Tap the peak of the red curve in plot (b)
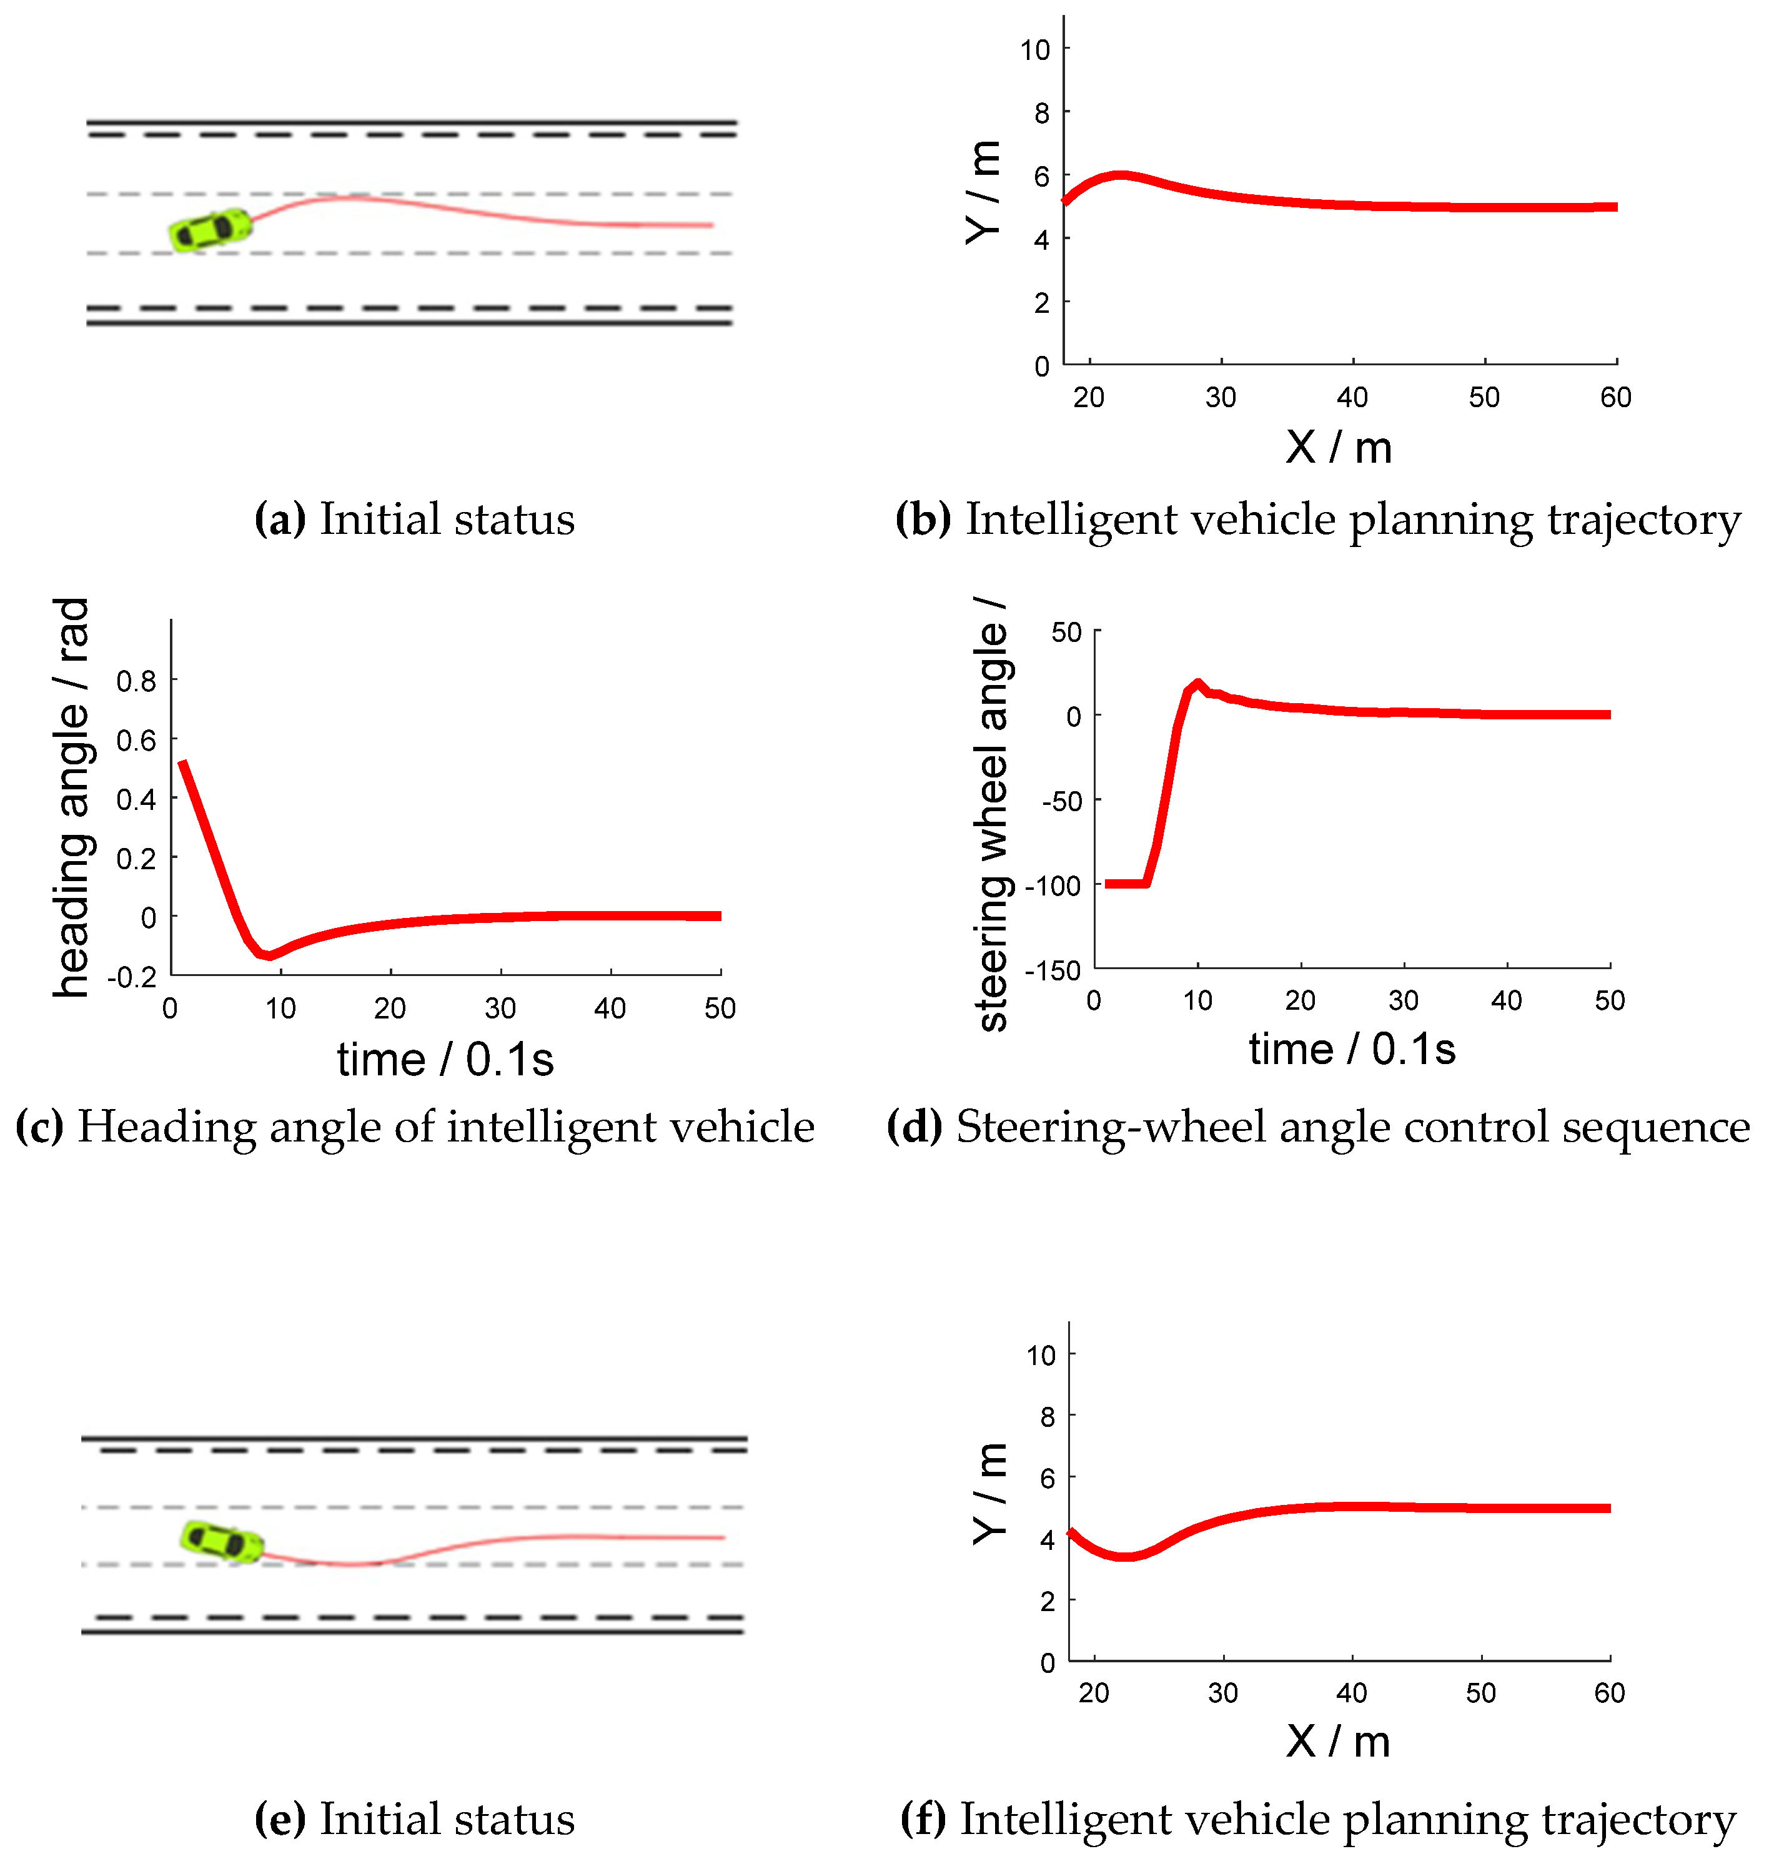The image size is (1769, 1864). [x=1119, y=175]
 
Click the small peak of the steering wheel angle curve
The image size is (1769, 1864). [x=1197, y=683]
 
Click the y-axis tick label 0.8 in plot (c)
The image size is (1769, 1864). [x=136, y=681]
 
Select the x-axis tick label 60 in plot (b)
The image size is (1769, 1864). [x=1615, y=397]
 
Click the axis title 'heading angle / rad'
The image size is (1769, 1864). [x=72, y=797]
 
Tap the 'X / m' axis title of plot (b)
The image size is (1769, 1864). [x=1338, y=447]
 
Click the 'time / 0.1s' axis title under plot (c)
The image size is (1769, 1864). [x=445, y=1060]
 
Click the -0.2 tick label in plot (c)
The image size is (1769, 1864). [x=132, y=977]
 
